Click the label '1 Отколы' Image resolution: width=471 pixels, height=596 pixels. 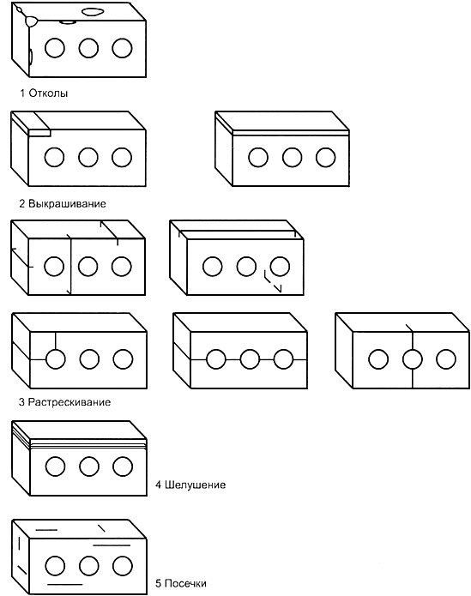coord(44,93)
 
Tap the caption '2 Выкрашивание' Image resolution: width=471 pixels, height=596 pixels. coord(63,204)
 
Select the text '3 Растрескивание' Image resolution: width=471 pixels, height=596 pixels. coord(64,402)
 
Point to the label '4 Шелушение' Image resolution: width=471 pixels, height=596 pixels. coord(190,485)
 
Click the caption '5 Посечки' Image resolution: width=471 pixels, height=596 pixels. coord(181,583)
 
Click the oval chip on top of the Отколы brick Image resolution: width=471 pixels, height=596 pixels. coord(94,12)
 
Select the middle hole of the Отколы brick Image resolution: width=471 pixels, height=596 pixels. coord(88,48)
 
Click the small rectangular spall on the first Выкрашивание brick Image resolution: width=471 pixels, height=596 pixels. coord(39,133)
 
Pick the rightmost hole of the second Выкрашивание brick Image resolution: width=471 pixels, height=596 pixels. coord(326,158)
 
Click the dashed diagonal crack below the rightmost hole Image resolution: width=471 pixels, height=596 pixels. coord(273,281)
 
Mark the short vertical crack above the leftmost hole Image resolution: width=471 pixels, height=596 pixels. coord(56,340)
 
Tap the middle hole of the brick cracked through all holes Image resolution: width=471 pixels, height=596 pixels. coord(250,359)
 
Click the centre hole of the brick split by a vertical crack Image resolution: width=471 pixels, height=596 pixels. coord(413,359)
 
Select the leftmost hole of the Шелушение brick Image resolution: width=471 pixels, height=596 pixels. coord(56,467)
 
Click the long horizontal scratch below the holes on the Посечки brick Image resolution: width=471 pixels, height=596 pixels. coord(64,584)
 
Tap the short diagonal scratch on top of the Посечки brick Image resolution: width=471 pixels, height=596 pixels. coord(101,528)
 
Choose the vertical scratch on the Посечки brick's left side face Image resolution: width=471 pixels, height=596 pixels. coord(19,544)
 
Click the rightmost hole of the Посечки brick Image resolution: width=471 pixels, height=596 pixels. coord(123,566)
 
